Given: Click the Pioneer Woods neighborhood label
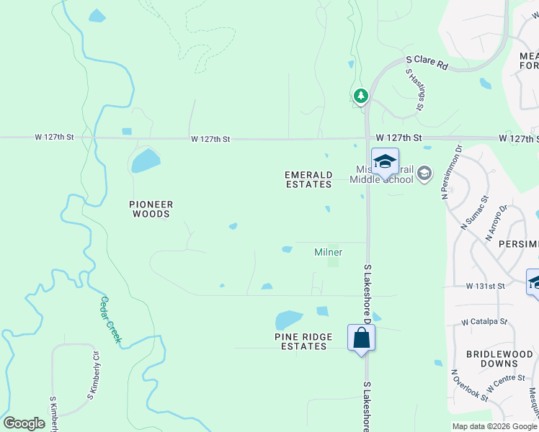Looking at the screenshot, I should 151,209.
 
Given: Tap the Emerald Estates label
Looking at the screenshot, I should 308,179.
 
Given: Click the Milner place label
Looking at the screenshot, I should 328,253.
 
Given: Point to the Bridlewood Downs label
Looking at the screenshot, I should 498,359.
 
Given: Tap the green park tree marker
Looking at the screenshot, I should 361,95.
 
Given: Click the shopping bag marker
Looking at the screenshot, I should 361,338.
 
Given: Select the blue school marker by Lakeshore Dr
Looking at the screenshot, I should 385,161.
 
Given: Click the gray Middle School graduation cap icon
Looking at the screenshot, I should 424,173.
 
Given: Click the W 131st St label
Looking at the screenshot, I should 485,286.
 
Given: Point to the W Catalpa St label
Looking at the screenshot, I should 484,322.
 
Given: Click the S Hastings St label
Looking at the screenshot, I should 414,89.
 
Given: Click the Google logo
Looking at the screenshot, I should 24,423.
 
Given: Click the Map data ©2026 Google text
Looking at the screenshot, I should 494,426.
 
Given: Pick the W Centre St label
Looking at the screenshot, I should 504,383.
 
